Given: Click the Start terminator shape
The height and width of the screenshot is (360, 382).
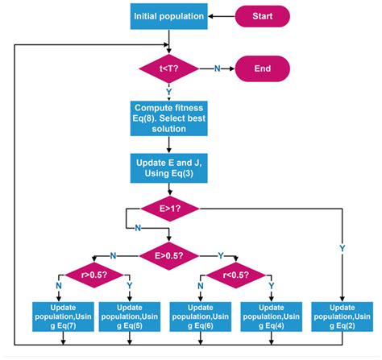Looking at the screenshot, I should pos(261,14).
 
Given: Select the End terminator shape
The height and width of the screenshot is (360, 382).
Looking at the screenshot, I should pos(261,68).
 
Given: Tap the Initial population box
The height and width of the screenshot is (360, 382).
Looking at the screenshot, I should pos(168,14).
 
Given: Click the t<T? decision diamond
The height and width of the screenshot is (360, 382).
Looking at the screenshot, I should pos(168,68).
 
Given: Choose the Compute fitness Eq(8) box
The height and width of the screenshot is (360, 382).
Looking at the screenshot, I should pos(168,115).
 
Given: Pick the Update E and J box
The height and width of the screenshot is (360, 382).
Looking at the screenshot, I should pos(168,167).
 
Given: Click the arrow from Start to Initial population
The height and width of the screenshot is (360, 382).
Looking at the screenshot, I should pos(222,14).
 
